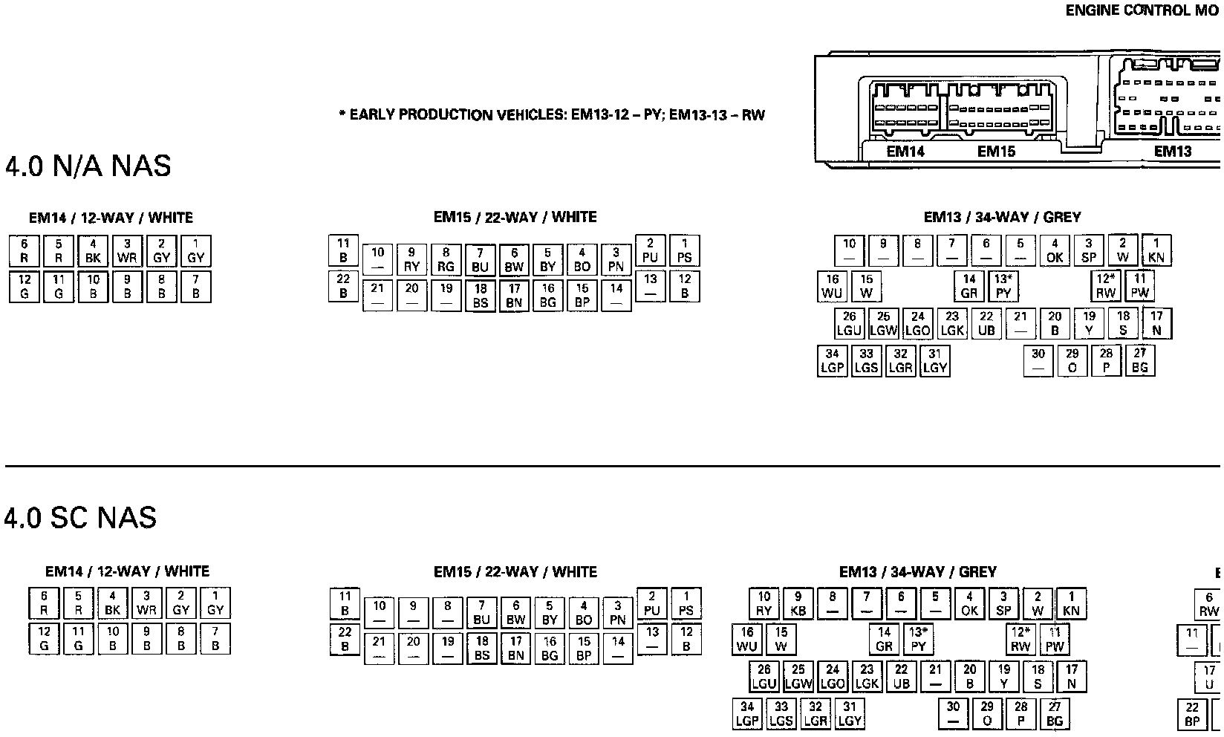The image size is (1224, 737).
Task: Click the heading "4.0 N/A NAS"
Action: pos(88,166)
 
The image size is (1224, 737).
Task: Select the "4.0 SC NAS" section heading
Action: pos(81,518)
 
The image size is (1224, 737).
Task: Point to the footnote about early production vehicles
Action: pos(551,115)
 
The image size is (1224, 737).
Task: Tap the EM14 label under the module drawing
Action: pos(905,152)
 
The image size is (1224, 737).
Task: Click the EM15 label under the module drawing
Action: pos(996,152)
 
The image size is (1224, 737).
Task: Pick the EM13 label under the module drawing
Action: pos(1173,152)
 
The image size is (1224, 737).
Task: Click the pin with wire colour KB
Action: pos(798,604)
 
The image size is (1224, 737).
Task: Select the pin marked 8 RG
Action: pos(446,260)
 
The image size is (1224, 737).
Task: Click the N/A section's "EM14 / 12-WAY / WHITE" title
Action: pos(111,218)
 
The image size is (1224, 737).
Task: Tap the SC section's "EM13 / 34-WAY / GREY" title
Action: pos(917,572)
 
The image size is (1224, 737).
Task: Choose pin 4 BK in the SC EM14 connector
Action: pos(112,603)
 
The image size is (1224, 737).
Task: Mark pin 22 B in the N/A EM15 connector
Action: pos(343,286)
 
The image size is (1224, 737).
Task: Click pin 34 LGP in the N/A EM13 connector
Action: pos(832,361)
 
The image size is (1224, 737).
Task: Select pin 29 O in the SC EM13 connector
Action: pos(987,713)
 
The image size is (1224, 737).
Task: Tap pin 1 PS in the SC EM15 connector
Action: pos(686,604)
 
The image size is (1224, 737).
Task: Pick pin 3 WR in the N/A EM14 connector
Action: pos(127,251)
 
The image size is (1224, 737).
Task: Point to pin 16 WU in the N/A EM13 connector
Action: pos(832,286)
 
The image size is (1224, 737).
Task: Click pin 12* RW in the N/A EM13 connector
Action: pos(1106,286)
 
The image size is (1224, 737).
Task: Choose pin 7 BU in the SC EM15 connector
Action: pos(481,613)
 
